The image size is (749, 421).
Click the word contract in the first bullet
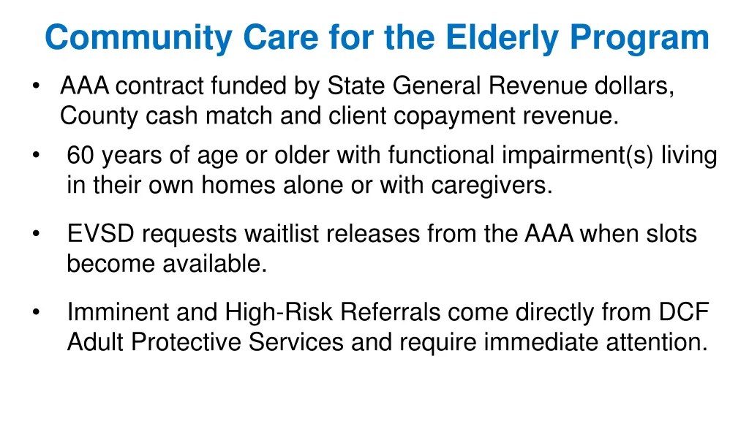160,87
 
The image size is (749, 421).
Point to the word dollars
634,87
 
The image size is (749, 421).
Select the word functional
443,156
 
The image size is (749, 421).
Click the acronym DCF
683,313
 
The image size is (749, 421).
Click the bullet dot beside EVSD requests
35,234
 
